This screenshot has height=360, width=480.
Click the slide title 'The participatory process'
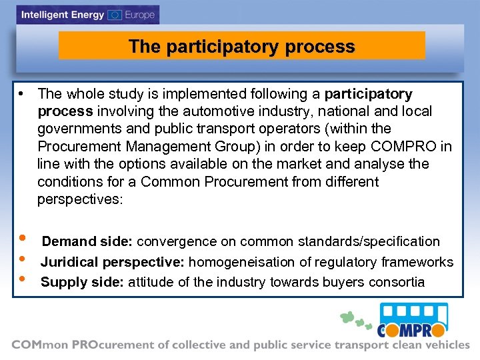[241, 47]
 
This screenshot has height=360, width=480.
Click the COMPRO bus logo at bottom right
[412, 320]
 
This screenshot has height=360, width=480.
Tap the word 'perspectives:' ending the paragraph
[80, 199]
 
